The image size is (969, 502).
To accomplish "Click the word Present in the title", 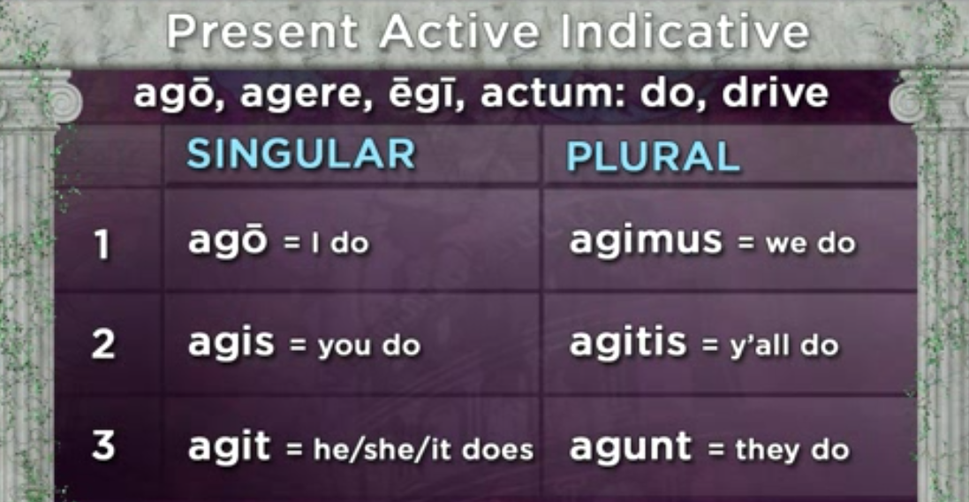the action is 263,33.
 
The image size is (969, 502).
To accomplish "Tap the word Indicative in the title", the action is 685,33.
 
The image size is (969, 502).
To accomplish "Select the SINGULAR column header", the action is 301,155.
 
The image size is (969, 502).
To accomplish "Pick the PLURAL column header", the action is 653,158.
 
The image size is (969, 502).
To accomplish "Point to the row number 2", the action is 103,346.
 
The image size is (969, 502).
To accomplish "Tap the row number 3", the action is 103,445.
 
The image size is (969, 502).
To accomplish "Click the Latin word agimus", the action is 646,242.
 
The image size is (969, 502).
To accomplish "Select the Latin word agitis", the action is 628,343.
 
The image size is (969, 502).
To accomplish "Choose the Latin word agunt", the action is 631,447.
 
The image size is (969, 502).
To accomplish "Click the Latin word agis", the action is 231,343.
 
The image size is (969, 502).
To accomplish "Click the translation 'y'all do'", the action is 784,346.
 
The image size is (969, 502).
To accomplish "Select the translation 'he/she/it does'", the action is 423,450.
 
